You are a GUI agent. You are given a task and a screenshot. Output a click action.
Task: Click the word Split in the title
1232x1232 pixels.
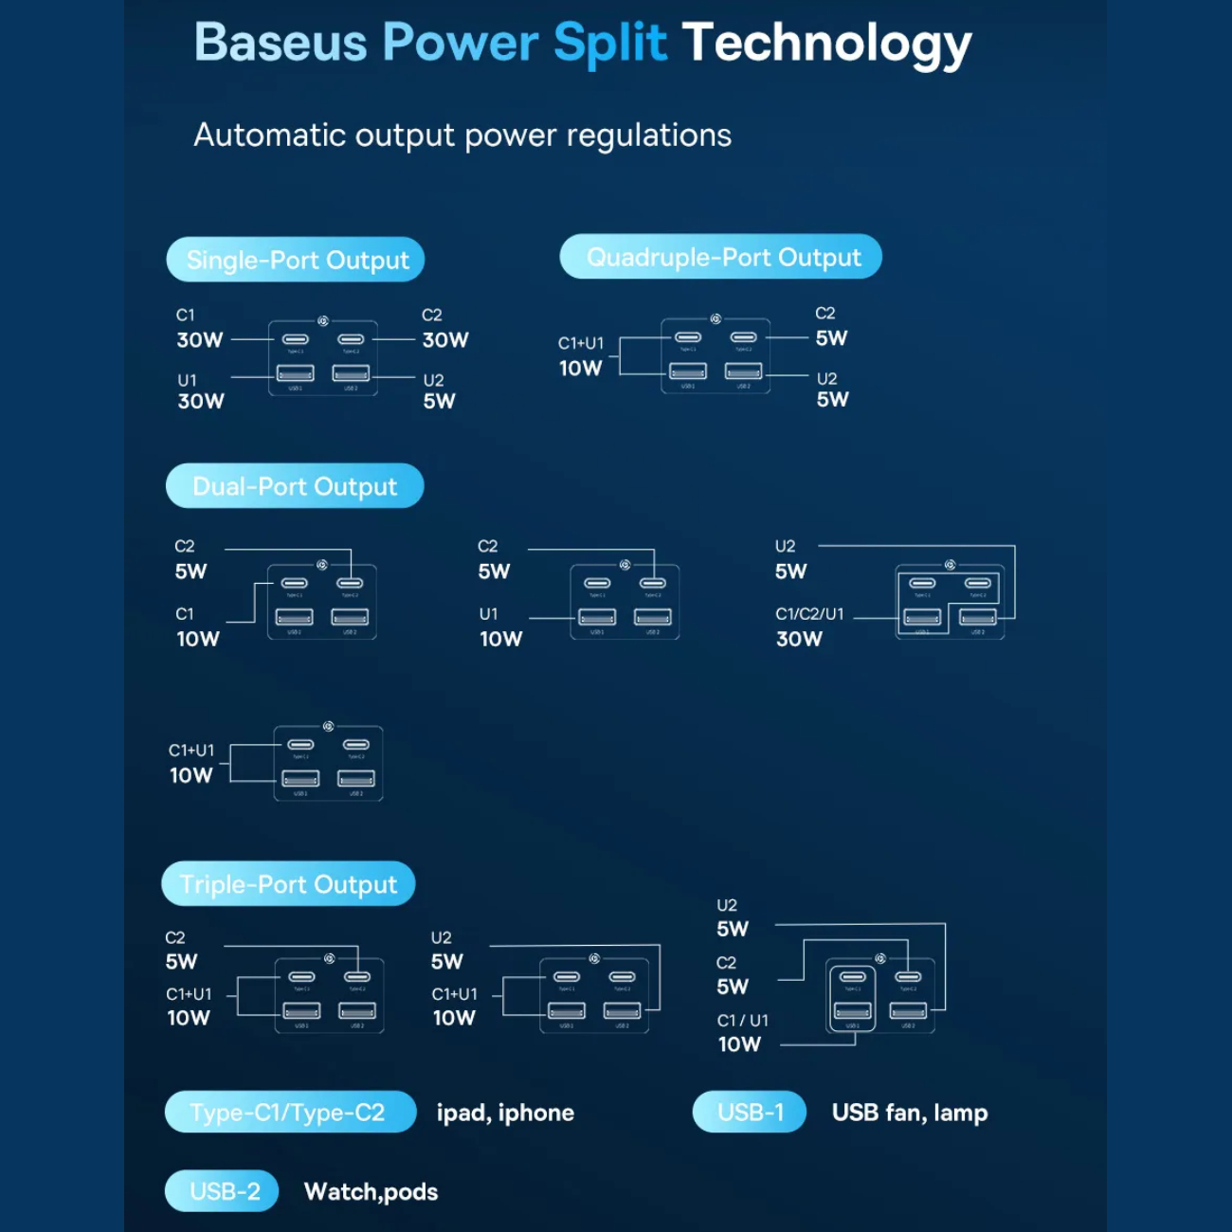[x=609, y=44]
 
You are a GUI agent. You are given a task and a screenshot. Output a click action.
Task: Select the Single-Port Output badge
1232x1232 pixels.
[x=296, y=260]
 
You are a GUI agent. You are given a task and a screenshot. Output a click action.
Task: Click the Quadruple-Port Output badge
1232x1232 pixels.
[x=721, y=257]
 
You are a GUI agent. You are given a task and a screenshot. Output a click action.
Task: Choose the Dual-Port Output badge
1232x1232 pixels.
[x=295, y=486]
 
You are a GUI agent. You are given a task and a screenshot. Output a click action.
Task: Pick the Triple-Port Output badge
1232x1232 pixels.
[x=288, y=884]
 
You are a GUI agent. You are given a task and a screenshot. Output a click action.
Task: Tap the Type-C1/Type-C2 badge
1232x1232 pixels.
[x=290, y=1112]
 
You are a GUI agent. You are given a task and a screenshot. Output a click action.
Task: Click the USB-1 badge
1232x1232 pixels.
[x=750, y=1112]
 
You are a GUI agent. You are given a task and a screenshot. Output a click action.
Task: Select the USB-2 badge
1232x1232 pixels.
[x=223, y=1191]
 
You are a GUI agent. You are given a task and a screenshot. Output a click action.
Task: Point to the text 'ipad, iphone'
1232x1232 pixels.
[x=505, y=1113]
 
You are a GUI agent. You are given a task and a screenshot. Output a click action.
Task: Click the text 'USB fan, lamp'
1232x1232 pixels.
[x=909, y=1113]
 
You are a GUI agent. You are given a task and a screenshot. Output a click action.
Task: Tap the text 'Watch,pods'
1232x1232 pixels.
[x=371, y=1191]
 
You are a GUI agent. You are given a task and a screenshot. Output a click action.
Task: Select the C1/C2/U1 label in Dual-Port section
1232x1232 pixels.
[x=809, y=614]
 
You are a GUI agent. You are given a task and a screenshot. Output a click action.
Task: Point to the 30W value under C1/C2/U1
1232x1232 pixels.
[x=799, y=639]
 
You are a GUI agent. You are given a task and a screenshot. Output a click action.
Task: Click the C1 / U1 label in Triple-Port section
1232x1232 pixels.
[x=742, y=1021]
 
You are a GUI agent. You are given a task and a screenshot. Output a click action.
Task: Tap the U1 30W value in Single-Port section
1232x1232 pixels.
[x=201, y=401]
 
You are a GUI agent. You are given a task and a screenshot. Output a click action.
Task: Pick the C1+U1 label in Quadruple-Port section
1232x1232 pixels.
[x=580, y=343]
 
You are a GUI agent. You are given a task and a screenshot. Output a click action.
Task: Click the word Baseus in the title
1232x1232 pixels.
[x=281, y=44]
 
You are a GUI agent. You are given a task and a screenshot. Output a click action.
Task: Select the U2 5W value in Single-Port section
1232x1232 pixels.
[x=439, y=401]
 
